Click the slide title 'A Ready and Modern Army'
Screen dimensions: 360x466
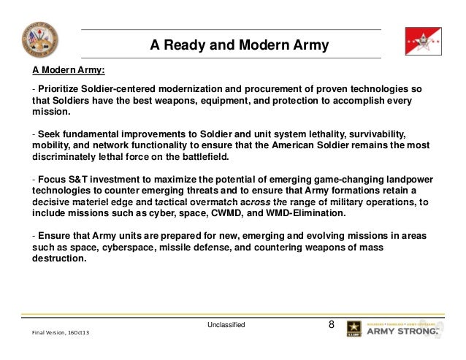point(240,46)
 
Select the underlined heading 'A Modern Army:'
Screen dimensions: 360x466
point(67,71)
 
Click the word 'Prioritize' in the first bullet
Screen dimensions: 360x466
point(58,88)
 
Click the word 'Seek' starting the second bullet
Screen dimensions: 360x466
point(49,134)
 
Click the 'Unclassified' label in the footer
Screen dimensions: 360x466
point(226,323)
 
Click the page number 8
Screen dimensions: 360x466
point(332,323)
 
